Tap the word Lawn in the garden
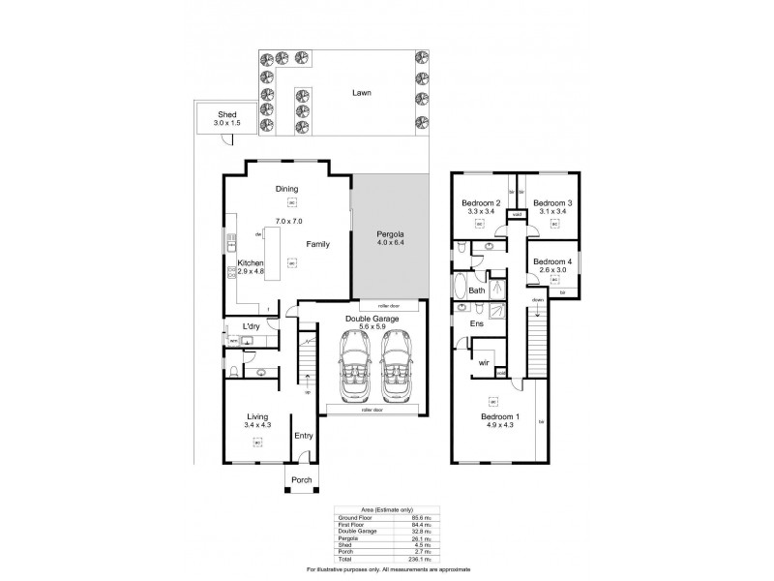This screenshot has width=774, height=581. pos(362,94)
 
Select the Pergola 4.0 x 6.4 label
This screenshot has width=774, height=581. pos(391,234)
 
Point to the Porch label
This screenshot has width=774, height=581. pos(303,477)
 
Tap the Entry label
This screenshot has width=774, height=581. pos(304,435)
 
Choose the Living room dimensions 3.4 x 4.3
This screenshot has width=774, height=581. pos(257,424)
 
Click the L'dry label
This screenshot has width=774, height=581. pos(252,326)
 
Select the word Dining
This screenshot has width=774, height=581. pos(286,189)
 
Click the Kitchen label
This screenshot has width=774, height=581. pos(252,262)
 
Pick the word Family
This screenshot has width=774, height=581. pos(318,245)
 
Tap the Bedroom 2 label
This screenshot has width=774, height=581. pos(479,202)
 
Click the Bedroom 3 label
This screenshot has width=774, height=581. pos(552,202)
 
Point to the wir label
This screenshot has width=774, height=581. pos(482,363)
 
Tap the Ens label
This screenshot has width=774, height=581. pos(476,324)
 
